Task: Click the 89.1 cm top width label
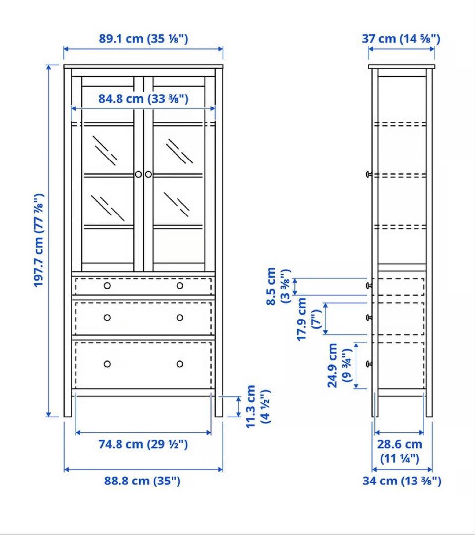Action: pos(143,39)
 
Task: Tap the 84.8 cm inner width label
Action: pos(143,99)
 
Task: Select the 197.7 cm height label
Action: pos(39,240)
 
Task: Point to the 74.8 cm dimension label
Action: pos(143,444)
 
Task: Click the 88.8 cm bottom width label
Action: pos(143,481)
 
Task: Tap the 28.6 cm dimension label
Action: pos(400,451)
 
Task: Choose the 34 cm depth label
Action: pos(401,481)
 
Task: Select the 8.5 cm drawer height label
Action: pos(277,286)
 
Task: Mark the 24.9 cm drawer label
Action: pos(339,365)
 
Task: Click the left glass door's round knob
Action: pos(138,174)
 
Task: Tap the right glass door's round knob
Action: pos(148,174)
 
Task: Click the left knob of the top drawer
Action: pos(107,286)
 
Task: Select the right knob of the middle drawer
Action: pos(179,317)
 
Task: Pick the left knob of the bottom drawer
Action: pos(107,364)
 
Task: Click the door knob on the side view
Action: pos(368,174)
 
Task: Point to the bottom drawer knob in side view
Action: pos(368,364)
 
